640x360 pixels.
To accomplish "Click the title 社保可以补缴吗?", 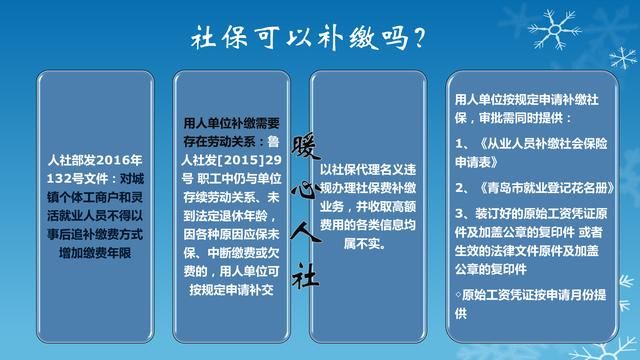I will [x=309, y=38].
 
